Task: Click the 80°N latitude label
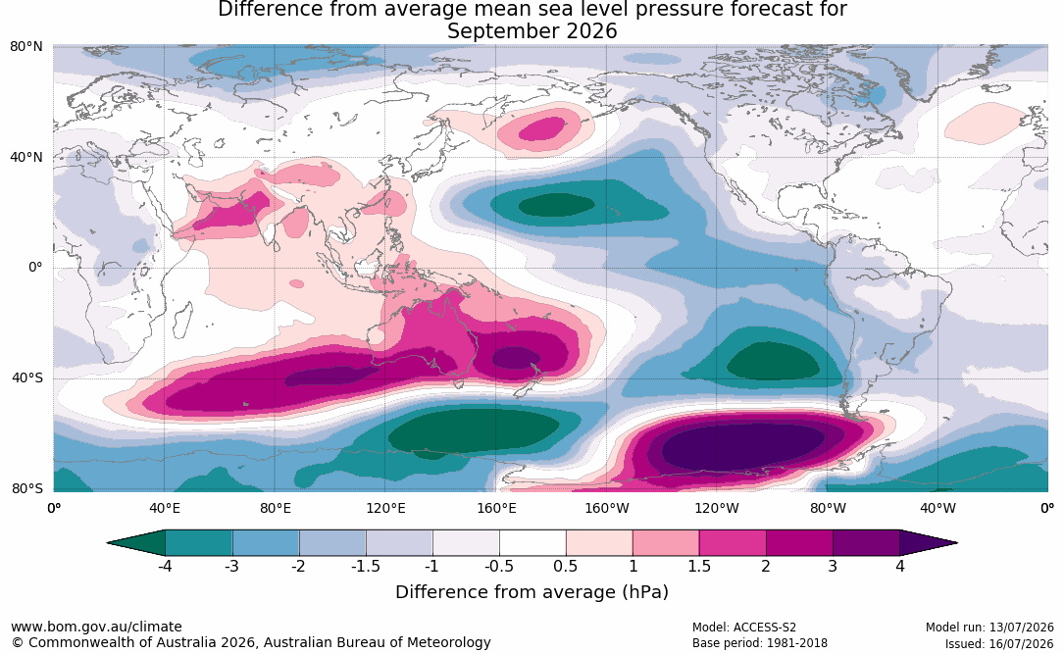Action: click(x=25, y=47)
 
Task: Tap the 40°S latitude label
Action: click(x=27, y=377)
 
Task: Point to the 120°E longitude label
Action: click(x=385, y=508)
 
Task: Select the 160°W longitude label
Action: click(x=606, y=508)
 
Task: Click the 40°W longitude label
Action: click(x=937, y=508)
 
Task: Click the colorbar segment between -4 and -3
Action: click(x=198, y=543)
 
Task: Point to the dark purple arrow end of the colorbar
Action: click(x=927, y=543)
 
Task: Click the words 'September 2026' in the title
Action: click(x=532, y=31)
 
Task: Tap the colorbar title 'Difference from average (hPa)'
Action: click(x=532, y=592)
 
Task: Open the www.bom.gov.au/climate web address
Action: click(x=96, y=627)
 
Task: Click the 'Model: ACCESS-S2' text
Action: click(x=744, y=628)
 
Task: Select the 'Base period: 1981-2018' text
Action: click(x=760, y=643)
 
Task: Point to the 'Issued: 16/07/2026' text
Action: click(x=999, y=643)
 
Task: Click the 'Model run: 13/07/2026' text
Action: click(x=990, y=628)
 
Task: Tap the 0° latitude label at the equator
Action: click(x=35, y=268)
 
